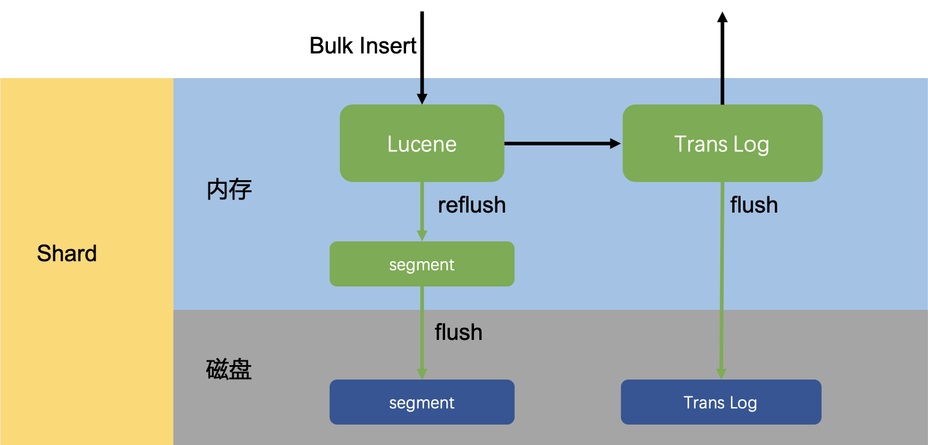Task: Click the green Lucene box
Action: [x=422, y=144]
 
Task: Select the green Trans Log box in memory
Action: [x=722, y=144]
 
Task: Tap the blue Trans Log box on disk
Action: [x=721, y=402]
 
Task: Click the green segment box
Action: [x=422, y=264]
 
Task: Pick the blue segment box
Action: [x=422, y=402]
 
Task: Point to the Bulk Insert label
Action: [x=363, y=46]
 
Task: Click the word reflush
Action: [x=472, y=205]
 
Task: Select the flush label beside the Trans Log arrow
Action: [x=754, y=205]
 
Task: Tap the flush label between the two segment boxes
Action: [x=458, y=332]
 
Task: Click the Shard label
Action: [x=67, y=253]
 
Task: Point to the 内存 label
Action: [x=229, y=190]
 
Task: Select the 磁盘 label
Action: [x=229, y=369]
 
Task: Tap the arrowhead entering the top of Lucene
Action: [x=422, y=98]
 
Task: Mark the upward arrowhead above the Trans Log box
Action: [x=722, y=17]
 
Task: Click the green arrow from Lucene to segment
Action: [x=422, y=210]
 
